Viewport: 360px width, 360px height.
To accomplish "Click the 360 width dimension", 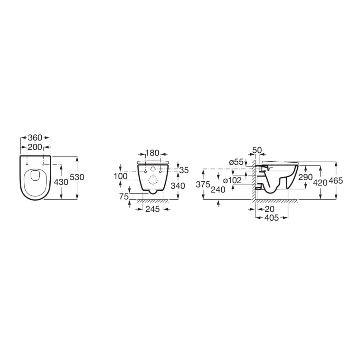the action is pyautogui.click(x=35, y=138).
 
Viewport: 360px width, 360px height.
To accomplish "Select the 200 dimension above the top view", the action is pyautogui.click(x=35, y=147).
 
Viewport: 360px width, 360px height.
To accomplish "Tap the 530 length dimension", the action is pyautogui.click(x=77, y=177).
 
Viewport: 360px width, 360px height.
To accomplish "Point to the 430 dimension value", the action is pyautogui.click(x=61, y=182).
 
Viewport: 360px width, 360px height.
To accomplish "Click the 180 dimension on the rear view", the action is pyautogui.click(x=152, y=153).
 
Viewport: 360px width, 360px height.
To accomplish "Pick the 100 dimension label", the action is pyautogui.click(x=121, y=176).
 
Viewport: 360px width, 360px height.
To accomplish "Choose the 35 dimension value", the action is pyautogui.click(x=184, y=170).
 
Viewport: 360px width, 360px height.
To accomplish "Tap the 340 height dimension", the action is pyautogui.click(x=178, y=186).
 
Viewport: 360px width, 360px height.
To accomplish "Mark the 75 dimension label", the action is pyautogui.click(x=124, y=197).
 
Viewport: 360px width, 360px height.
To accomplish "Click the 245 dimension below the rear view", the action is pyautogui.click(x=152, y=209).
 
